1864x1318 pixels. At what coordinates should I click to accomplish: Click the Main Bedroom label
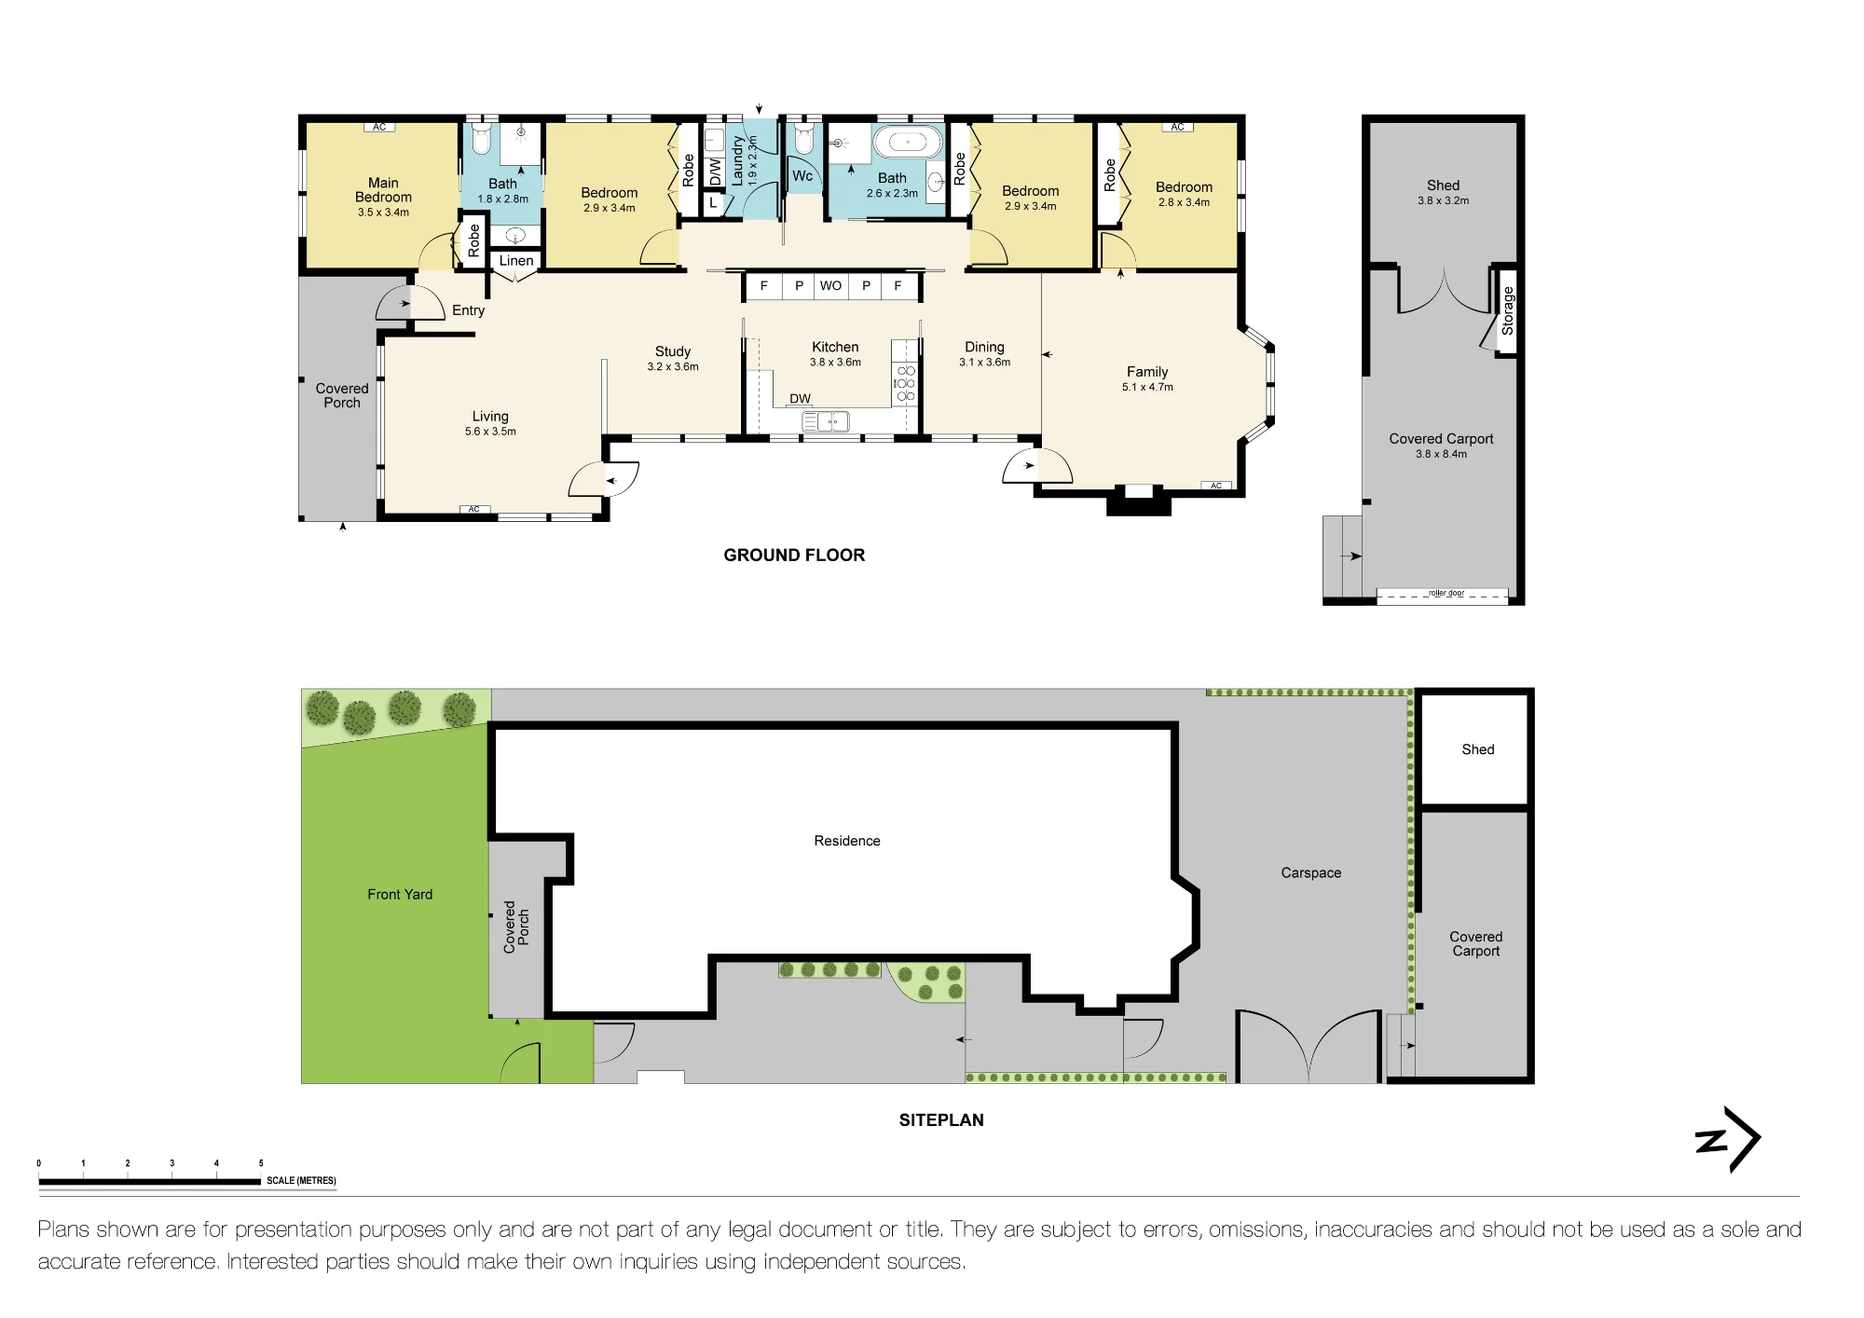point(383,190)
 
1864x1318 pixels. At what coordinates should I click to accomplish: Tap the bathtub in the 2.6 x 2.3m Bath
point(908,143)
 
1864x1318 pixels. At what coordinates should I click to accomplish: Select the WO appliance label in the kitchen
point(830,286)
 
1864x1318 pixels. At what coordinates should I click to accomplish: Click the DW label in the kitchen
point(800,399)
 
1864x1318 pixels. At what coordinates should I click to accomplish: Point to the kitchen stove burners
point(905,383)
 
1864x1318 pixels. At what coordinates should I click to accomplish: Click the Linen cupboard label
point(516,261)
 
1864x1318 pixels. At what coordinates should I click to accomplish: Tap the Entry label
point(468,310)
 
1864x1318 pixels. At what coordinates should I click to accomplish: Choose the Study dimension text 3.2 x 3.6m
point(673,366)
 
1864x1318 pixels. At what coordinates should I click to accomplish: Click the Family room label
point(1147,371)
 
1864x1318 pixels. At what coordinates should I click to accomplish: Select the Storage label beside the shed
point(1507,311)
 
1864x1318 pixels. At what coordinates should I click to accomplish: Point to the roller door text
point(1446,593)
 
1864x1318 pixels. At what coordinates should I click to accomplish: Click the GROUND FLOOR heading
point(794,556)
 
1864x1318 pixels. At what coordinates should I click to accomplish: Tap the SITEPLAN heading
point(941,1120)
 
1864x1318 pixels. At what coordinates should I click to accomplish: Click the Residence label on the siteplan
point(847,841)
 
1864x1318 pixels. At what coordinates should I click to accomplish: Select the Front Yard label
point(400,894)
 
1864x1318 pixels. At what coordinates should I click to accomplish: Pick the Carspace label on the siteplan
point(1311,873)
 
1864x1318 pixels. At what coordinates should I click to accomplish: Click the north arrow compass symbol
point(1727,1139)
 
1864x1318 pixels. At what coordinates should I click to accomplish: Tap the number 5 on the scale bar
point(261,1163)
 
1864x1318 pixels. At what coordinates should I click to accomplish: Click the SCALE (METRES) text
point(301,1181)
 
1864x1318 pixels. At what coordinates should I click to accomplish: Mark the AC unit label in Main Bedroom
point(379,127)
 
